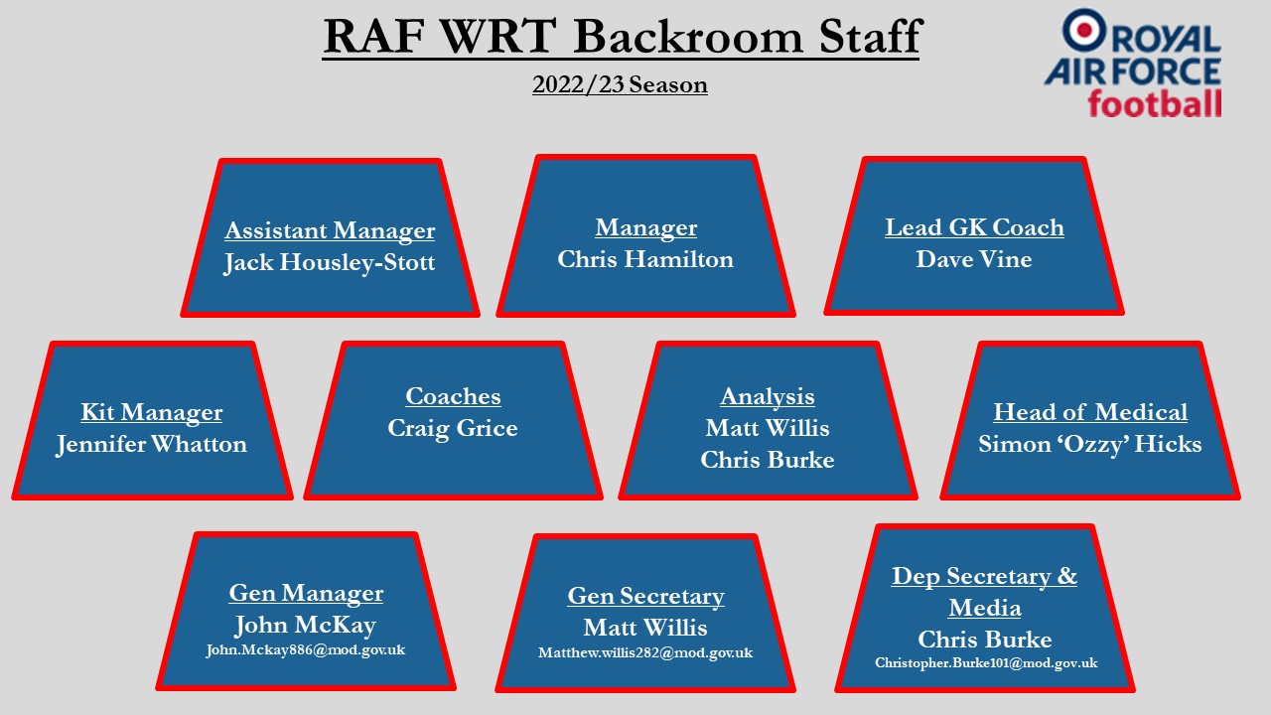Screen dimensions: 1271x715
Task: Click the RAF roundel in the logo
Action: pos(1083,30)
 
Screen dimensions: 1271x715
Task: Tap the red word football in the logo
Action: pos(1154,104)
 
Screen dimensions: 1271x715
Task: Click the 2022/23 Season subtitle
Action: pos(620,85)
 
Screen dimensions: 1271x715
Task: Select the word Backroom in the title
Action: pos(688,37)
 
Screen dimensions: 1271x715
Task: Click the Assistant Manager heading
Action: pos(330,231)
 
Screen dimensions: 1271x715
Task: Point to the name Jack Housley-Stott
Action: pos(330,263)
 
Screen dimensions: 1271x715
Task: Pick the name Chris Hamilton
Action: pos(645,259)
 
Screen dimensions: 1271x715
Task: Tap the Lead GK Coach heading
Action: pos(974,227)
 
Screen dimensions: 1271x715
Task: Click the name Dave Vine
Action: pos(974,259)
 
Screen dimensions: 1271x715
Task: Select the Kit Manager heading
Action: pos(152,412)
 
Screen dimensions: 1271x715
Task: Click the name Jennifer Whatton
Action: pos(152,444)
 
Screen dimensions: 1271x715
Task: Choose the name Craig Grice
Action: pos(452,428)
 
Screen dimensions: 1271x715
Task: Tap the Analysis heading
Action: pos(768,396)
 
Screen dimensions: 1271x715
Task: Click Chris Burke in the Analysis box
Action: pos(768,460)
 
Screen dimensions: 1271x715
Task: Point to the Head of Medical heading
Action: pos(1090,412)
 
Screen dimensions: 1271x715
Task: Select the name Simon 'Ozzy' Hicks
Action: pos(1090,444)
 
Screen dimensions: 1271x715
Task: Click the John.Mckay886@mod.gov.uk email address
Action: pos(305,650)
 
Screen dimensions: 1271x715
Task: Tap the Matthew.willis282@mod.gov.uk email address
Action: pos(645,653)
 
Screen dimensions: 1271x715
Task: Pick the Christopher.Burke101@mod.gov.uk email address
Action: pos(986,663)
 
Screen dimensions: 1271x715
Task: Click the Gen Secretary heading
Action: pos(645,597)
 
